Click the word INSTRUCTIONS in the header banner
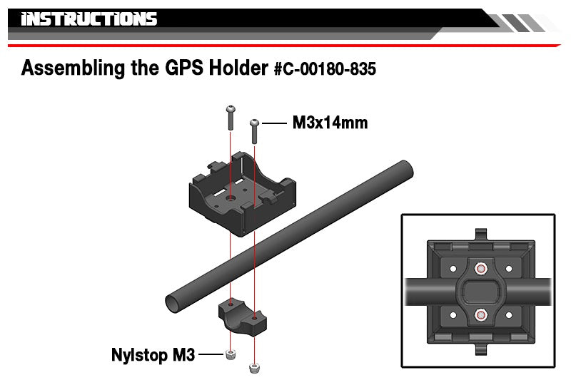click(x=89, y=19)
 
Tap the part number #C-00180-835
click(x=325, y=68)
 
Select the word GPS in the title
click(x=183, y=68)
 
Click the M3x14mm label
click(x=330, y=123)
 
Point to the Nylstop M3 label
click(x=153, y=355)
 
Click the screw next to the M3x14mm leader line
click(x=255, y=131)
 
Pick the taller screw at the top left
click(x=231, y=118)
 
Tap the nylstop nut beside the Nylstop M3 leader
click(x=230, y=354)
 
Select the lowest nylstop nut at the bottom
click(x=254, y=369)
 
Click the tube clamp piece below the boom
click(x=242, y=317)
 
